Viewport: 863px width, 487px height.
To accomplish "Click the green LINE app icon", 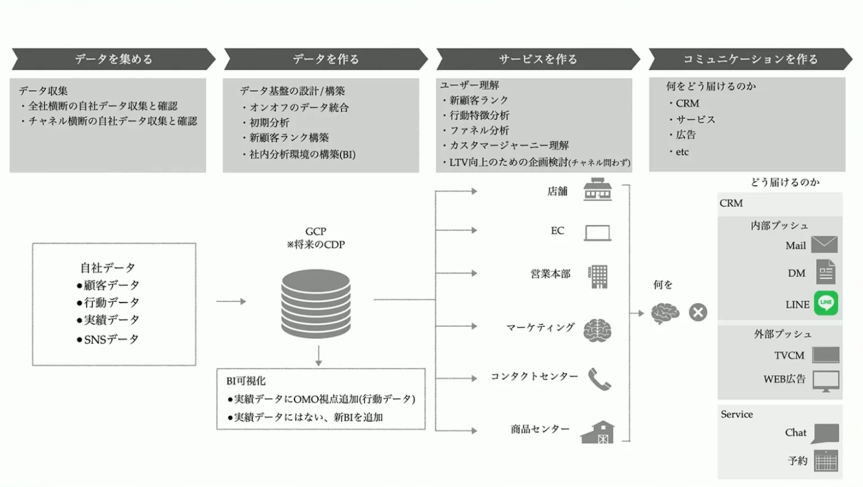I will pos(825,303).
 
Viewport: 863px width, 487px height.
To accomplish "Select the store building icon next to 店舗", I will pos(597,190).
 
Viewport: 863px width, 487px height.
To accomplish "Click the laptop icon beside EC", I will pos(597,232).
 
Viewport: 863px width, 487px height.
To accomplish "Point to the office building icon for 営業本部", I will pos(598,276).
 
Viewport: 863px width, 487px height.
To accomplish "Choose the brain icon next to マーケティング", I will pos(597,330).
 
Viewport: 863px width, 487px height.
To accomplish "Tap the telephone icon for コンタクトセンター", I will pos(599,379).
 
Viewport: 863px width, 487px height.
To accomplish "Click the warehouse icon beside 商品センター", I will pos(597,432).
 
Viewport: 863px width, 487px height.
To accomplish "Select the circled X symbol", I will pos(698,312).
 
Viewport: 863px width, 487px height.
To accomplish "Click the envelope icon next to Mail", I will pos(824,245).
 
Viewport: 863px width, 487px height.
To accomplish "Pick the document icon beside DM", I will pos(825,272).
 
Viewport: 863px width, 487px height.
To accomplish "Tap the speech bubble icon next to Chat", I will pos(825,433).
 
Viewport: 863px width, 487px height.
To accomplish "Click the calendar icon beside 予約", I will pos(825,461).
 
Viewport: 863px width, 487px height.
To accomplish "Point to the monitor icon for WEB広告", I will pos(825,381).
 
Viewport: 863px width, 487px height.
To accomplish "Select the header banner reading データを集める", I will pos(113,59).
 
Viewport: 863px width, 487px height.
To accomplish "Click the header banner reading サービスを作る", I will pos(538,59).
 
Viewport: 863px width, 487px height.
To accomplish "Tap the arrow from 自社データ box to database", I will pos(231,301).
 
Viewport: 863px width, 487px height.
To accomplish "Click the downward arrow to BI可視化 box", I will pos(319,356).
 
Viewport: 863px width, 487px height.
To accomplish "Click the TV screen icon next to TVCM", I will pos(825,355).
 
